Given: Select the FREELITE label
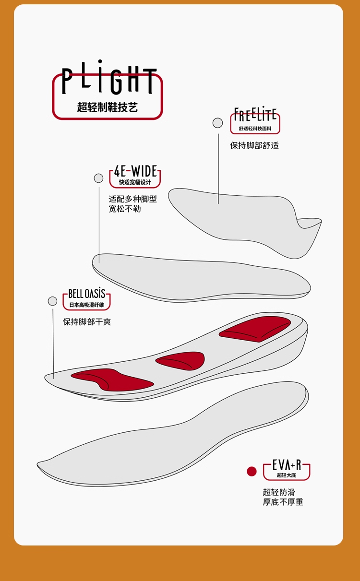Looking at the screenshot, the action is [255, 115].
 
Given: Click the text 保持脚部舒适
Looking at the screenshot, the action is [254, 145].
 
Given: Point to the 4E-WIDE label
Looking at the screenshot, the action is [135, 171].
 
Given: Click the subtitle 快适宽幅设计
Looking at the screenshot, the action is [135, 182].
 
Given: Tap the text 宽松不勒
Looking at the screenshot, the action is [125, 209].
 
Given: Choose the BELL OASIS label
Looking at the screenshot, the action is [86, 294].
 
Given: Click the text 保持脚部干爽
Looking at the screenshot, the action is [87, 321].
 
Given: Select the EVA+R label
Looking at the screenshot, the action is [287, 464].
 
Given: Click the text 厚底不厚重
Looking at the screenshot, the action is [283, 502].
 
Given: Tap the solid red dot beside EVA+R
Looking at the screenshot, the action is [252, 471].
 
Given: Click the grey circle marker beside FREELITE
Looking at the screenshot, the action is [217, 123].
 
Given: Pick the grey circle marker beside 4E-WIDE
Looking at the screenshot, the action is [98, 178].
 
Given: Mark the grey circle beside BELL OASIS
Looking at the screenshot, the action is [52, 301].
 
